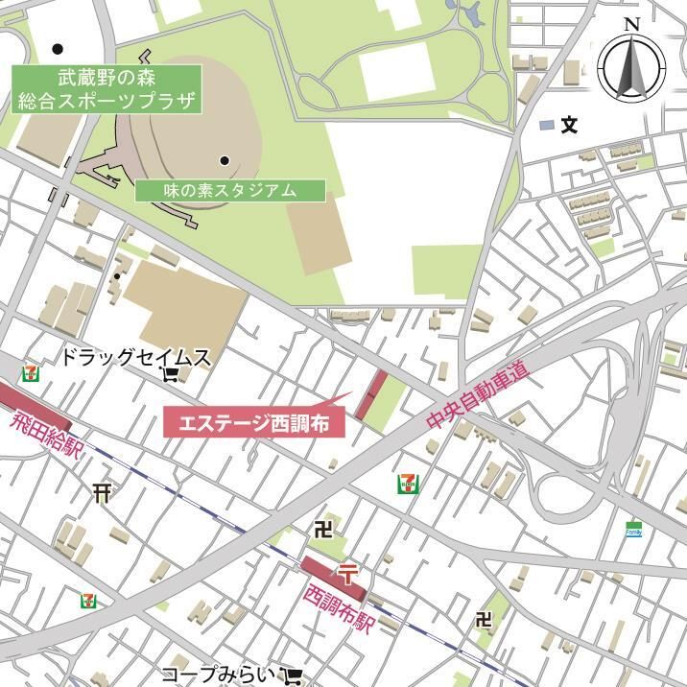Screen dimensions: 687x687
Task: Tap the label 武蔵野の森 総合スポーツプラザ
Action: (107, 88)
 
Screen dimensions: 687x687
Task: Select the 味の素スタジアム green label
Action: (229, 190)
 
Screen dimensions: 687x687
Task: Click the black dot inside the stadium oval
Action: (225, 160)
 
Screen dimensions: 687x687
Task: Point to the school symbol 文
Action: (570, 125)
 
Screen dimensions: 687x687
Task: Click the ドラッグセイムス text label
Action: (135, 358)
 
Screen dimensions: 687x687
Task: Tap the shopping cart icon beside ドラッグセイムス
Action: (173, 373)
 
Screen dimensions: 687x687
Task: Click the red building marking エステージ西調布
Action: (371, 394)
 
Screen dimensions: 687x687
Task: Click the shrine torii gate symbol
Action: (103, 493)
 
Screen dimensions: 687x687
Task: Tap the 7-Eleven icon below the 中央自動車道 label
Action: (407, 484)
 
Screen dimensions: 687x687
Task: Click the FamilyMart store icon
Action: (633, 529)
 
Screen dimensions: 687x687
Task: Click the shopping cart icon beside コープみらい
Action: (294, 675)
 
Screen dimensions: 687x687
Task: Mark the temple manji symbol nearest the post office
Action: (323, 528)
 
